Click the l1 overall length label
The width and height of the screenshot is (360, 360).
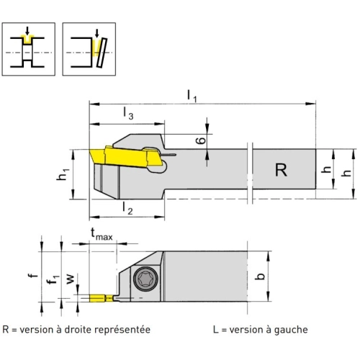click(x=192, y=96)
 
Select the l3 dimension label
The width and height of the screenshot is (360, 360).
click(x=128, y=113)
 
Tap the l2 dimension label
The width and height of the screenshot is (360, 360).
click(x=127, y=208)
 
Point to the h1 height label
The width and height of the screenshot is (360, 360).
click(x=63, y=174)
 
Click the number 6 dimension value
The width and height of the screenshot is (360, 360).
click(x=201, y=140)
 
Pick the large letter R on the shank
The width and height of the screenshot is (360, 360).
click(x=281, y=170)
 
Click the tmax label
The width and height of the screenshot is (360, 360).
click(x=102, y=235)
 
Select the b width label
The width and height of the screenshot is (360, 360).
click(x=260, y=276)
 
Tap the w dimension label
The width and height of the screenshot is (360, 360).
click(x=70, y=279)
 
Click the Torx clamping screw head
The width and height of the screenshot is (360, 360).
click(x=146, y=279)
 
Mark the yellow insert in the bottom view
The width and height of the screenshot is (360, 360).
click(x=101, y=298)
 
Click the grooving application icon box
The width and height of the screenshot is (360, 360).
click(x=29, y=49)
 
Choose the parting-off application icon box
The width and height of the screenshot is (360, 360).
click(x=89, y=49)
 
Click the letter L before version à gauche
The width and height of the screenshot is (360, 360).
click(x=216, y=330)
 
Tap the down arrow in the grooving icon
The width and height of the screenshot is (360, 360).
click(x=27, y=30)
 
